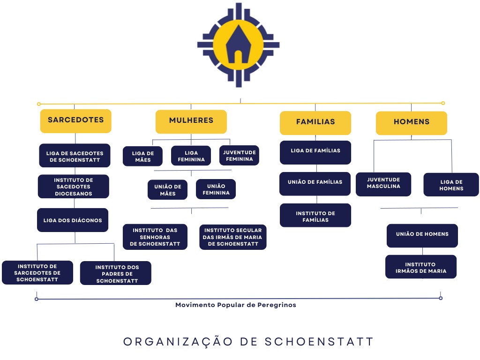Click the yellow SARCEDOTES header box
[75, 120]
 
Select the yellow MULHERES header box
[191, 121]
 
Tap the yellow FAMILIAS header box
[315, 122]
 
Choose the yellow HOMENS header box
[411, 122]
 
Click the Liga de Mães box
[142, 156]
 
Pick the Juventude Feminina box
[239, 156]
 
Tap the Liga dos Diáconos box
[73, 220]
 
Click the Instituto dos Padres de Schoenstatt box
[116, 274]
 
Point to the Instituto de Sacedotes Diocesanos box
[73, 187]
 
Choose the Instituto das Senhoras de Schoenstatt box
[155, 237]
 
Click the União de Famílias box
[315, 182]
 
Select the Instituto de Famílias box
[315, 216]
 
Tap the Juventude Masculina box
[383, 183]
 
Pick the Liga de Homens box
[451, 185]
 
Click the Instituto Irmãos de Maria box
[420, 267]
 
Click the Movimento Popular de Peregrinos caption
[235, 305]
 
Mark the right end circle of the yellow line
[443, 103]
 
